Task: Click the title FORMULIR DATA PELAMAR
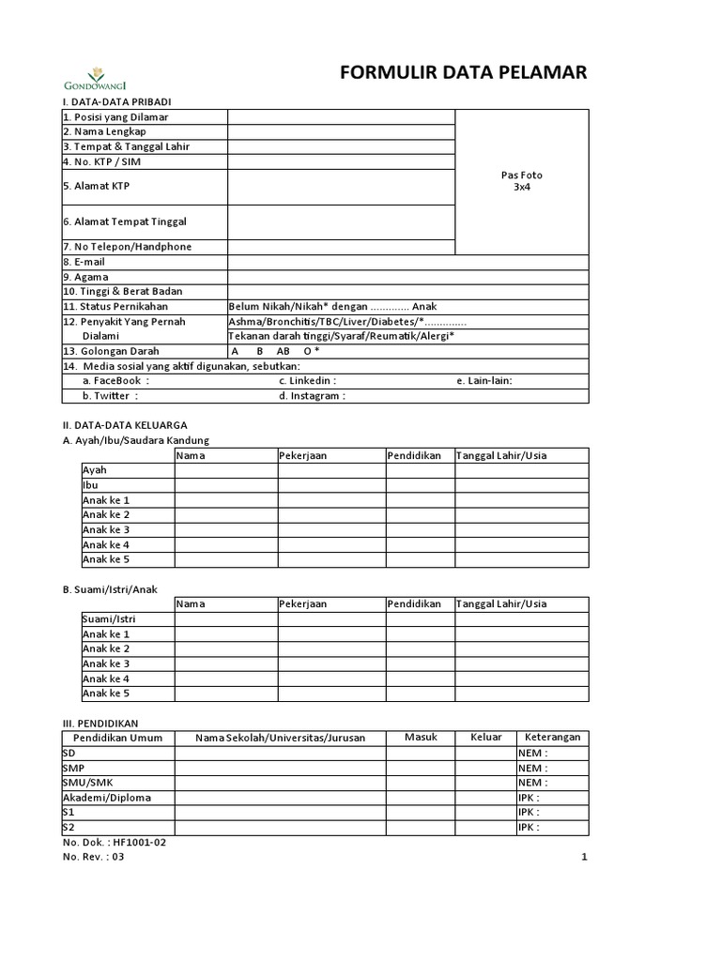click(x=463, y=75)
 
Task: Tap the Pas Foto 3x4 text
click(x=522, y=181)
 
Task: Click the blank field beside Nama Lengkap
click(x=341, y=131)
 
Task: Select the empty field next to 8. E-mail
click(x=407, y=262)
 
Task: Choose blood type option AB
click(x=284, y=351)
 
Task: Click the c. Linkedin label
click(x=307, y=381)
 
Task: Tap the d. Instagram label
click(x=312, y=396)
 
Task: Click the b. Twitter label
click(x=110, y=396)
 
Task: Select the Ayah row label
click(x=95, y=470)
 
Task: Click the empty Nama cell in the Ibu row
click(x=225, y=485)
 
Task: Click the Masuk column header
click(x=421, y=738)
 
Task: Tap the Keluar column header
click(x=485, y=738)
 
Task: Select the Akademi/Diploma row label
click(x=106, y=798)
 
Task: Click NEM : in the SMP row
click(x=532, y=768)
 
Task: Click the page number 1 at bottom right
click(x=583, y=857)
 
